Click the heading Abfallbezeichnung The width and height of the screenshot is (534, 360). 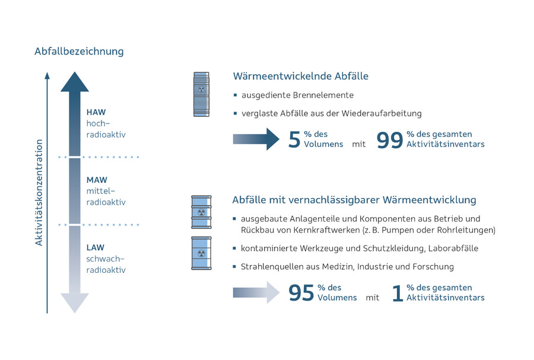coord(79,51)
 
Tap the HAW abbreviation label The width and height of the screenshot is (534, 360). coord(96,111)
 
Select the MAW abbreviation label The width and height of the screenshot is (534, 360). coord(97,180)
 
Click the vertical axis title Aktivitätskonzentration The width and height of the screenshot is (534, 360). coord(39,193)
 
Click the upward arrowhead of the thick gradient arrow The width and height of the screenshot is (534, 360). coord(75,82)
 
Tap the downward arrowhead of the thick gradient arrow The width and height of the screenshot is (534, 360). coord(75,302)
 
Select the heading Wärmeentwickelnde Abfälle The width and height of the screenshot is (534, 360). coord(301,76)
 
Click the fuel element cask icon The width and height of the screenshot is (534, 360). coord(202,94)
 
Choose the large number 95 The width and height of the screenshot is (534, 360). coord(301,293)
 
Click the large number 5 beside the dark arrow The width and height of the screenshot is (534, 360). coord(294,139)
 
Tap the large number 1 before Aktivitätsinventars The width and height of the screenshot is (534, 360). coord(398,293)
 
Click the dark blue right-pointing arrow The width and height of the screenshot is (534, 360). coord(255,139)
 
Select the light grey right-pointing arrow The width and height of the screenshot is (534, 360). coord(255,292)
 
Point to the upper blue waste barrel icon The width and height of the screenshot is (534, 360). coord(202,212)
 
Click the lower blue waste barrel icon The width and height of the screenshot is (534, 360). coord(202,253)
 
